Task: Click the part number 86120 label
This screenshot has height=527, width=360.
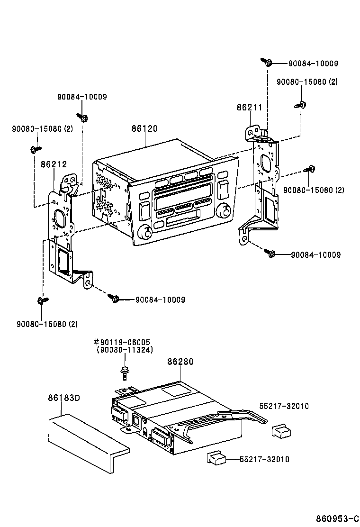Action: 144,128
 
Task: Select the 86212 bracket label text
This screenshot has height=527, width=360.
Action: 54,164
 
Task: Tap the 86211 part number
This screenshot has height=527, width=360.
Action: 249,108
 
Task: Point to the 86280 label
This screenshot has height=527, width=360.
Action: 180,362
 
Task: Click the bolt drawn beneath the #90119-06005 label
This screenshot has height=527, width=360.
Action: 124,373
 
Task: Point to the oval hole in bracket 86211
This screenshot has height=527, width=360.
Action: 265,164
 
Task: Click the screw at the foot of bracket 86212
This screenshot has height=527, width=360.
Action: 114,299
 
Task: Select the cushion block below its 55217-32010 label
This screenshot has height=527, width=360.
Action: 281,430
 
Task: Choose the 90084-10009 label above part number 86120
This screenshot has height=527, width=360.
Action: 82,97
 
